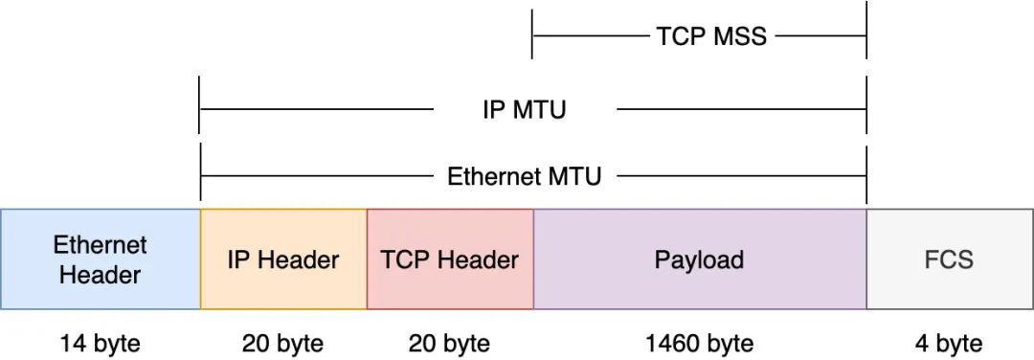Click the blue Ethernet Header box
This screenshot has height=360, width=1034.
coord(101,259)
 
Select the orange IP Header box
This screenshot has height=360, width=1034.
coord(283,259)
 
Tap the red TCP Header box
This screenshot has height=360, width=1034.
coord(450,259)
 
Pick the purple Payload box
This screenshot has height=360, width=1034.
coord(700,259)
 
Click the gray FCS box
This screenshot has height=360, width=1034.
coord(950,259)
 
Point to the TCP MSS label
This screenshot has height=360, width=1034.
coord(711,35)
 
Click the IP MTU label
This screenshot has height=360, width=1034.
coord(525,109)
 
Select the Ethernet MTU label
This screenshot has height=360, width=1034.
coord(525,177)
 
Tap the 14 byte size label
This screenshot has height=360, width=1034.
coord(101,344)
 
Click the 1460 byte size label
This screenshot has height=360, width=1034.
coord(699,344)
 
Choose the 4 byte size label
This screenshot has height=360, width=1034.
coord(948,344)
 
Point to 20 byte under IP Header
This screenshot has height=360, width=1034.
coord(282,344)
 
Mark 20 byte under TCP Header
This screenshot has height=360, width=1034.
coord(449,344)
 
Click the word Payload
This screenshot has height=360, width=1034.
coord(699,259)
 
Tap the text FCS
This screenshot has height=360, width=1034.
coord(949,259)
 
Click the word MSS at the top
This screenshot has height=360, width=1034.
coord(740,35)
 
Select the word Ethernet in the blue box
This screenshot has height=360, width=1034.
coord(101,245)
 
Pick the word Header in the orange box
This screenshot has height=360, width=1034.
coord(303,259)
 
